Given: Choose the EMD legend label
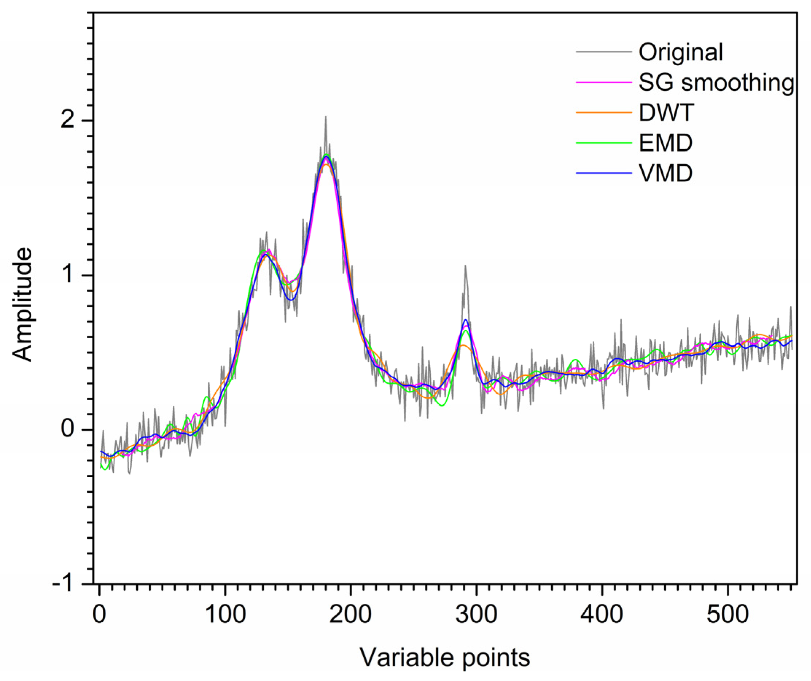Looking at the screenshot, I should pos(666,143).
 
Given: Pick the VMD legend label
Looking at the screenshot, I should pos(666,173).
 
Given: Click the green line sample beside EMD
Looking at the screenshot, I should pos(604,143).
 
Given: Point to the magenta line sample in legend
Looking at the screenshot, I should pos(604,82).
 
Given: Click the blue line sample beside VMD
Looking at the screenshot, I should pos(604,173).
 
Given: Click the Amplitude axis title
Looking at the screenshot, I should pos(22,304).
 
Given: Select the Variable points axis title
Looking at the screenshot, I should pos(445,657).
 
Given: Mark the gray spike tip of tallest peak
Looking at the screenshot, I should pos(326,116).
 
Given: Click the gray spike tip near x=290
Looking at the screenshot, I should pos(465,265).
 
